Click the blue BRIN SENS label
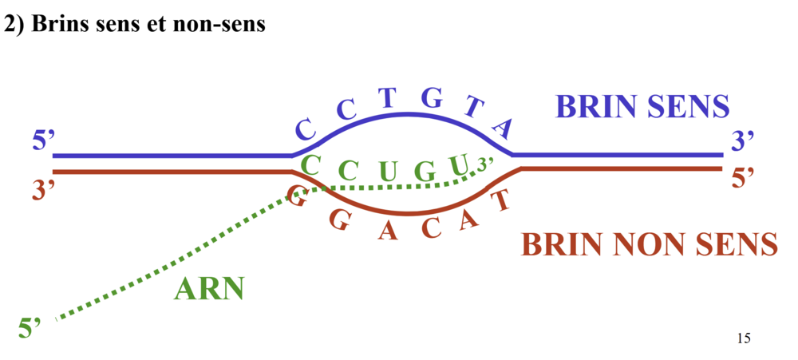[642, 107]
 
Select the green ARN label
[208, 288]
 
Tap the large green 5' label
[30, 328]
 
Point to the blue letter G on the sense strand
[431, 100]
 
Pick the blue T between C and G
[388, 98]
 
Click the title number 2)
[14, 25]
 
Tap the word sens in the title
[124, 25]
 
